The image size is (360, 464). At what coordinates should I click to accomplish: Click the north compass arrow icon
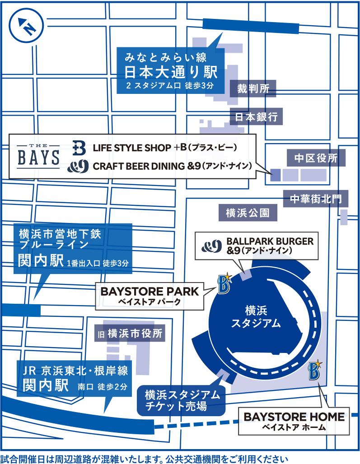pyautogui.click(x=26, y=26)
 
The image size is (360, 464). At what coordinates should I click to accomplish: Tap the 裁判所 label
pyautogui.click(x=253, y=88)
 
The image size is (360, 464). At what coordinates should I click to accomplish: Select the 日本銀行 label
pyautogui.click(x=257, y=116)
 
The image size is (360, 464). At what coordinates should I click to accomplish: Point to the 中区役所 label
pyautogui.click(x=316, y=158)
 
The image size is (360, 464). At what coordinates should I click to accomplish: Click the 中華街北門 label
pyautogui.click(x=316, y=199)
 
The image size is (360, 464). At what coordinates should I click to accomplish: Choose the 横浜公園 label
pyautogui.click(x=248, y=213)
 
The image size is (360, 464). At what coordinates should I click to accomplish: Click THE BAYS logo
pyautogui.click(x=38, y=156)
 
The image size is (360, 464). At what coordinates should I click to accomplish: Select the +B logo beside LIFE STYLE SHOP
pyautogui.click(x=79, y=148)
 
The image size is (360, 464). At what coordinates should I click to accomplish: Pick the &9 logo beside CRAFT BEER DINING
pyautogui.click(x=78, y=166)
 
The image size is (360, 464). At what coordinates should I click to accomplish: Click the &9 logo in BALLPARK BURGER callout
pyautogui.click(x=211, y=246)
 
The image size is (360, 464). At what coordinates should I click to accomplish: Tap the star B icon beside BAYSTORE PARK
pyautogui.click(x=224, y=283)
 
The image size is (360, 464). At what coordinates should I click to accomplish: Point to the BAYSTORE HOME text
pyautogui.click(x=294, y=417)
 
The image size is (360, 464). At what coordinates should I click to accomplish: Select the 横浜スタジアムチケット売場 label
pyautogui.click(x=181, y=400)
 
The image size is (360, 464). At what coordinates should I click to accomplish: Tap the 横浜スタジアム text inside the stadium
pyautogui.click(x=256, y=317)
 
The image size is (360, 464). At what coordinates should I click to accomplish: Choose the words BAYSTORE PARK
pyautogui.click(x=150, y=292)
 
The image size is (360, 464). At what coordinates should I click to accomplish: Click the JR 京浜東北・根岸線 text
pyautogui.click(x=75, y=371)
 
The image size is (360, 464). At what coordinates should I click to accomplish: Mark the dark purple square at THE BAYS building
pyautogui.click(x=276, y=175)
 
